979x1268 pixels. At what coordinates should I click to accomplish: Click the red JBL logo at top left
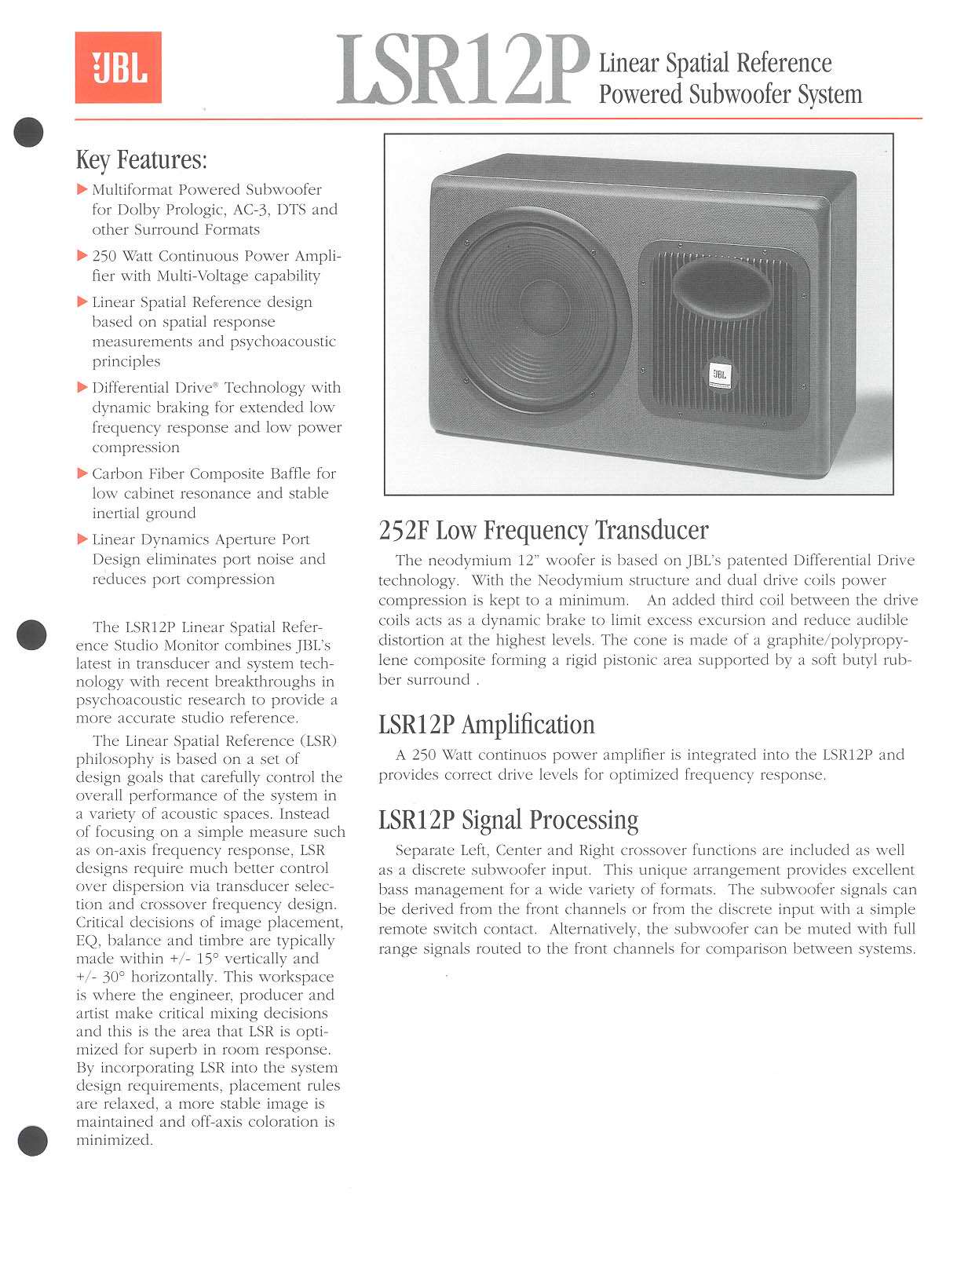[x=119, y=68]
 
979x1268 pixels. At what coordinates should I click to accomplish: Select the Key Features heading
[x=141, y=160]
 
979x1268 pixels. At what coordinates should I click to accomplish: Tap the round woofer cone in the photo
[x=533, y=313]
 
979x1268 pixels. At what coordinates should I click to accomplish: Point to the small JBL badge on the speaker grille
[x=719, y=375]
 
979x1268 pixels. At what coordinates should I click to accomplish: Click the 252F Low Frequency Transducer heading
[x=543, y=531]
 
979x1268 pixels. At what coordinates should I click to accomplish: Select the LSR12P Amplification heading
[x=487, y=725]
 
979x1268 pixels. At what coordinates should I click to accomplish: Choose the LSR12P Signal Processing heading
[x=508, y=820]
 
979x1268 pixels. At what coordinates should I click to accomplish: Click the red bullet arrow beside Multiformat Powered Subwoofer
[x=82, y=189]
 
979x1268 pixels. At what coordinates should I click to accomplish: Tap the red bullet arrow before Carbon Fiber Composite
[x=82, y=473]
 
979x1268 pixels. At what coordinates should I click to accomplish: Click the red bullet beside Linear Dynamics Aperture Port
[x=82, y=539]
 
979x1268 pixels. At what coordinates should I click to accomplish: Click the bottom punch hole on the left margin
[x=32, y=1140]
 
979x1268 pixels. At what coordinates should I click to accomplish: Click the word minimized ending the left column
[x=112, y=1141]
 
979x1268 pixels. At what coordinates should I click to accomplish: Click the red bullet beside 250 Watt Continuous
[x=82, y=256]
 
